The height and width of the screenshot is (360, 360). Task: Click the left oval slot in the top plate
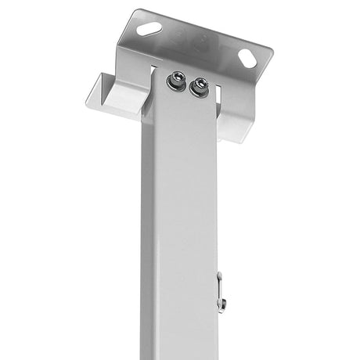[149, 28]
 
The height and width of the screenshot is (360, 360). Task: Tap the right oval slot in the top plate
[246, 57]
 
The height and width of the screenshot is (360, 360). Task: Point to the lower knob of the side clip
[222, 304]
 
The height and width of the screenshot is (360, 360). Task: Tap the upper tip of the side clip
[219, 275]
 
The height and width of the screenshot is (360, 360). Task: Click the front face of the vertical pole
[184, 219]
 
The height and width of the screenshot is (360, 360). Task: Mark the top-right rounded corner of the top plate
[266, 53]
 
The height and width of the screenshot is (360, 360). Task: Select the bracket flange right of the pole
[235, 117]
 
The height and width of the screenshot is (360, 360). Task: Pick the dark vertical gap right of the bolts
[217, 95]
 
